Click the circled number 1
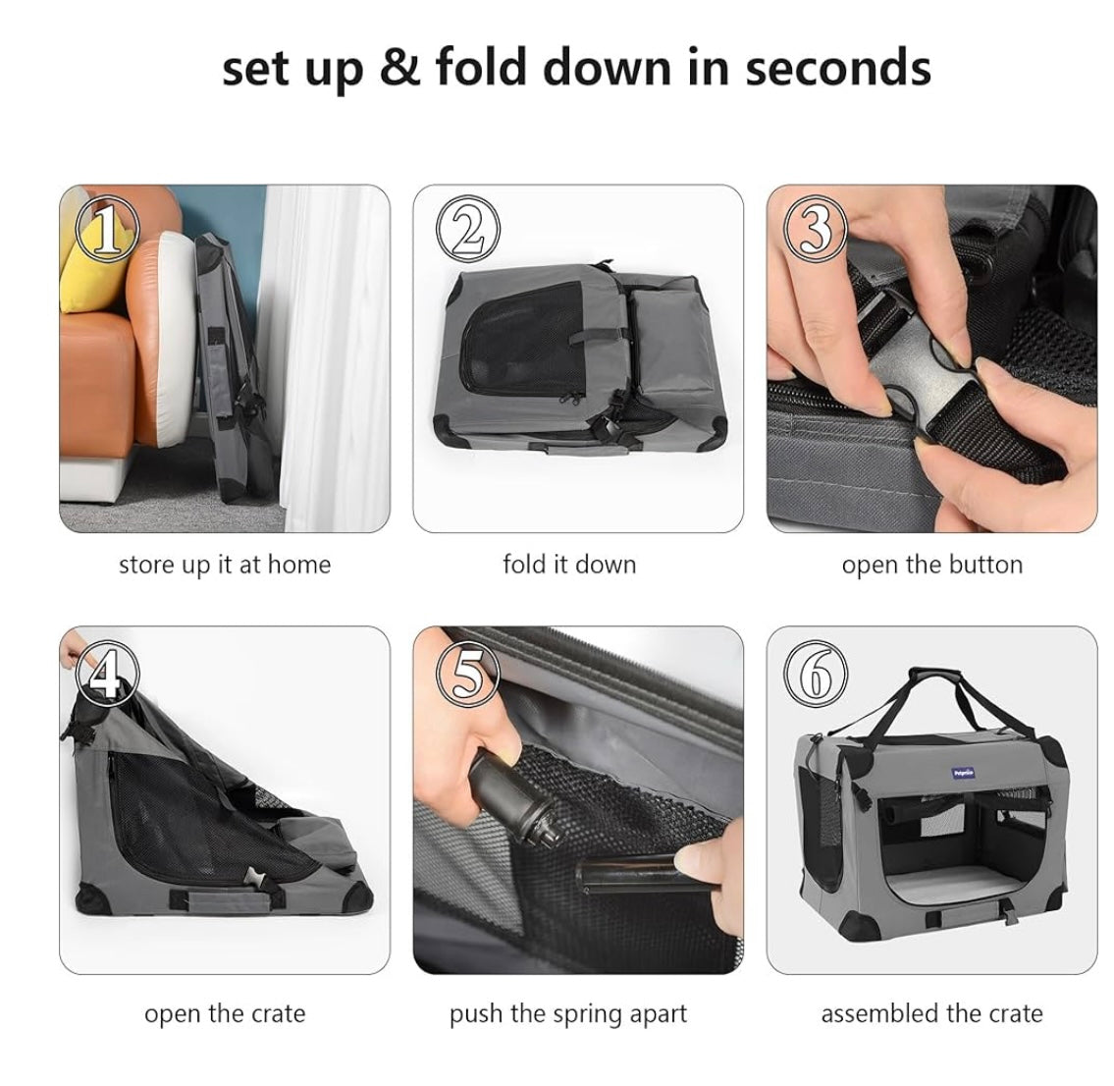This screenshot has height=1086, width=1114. click(x=107, y=228)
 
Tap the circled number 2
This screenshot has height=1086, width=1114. click(x=467, y=229)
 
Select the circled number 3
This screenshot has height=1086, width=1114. click(x=815, y=229)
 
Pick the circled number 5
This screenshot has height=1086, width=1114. click(x=467, y=673)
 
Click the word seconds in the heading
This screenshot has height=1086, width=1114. click(x=838, y=68)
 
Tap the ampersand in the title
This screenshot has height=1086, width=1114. click(x=399, y=68)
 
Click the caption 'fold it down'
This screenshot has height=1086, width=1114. click(x=569, y=565)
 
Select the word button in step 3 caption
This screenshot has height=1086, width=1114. click(x=984, y=565)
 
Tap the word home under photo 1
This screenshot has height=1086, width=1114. click(x=299, y=565)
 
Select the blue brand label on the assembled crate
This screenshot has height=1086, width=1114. click(x=964, y=773)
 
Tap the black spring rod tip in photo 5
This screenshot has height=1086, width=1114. click(x=546, y=833)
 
